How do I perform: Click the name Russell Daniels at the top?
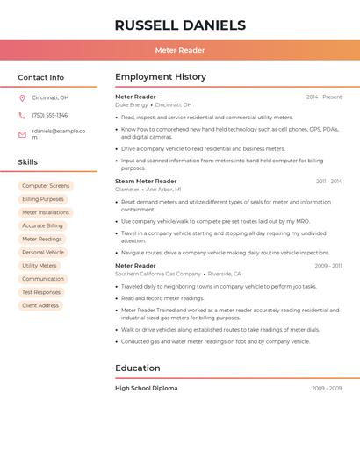click(180, 25)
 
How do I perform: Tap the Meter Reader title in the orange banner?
click(180, 50)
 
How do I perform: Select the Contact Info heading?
click(40, 77)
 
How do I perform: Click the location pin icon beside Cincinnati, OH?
click(22, 97)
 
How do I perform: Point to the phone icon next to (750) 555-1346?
click(22, 115)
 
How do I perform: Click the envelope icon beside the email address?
click(22, 134)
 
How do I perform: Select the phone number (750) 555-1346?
click(49, 115)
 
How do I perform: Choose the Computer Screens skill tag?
click(46, 186)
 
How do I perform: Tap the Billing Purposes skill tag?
click(43, 199)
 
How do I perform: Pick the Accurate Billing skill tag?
click(43, 225)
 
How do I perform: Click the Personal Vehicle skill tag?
click(43, 252)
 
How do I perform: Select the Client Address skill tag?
click(40, 305)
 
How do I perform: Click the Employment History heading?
click(161, 77)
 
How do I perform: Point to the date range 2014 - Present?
click(324, 97)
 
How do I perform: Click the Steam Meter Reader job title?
click(146, 181)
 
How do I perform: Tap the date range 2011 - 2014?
click(329, 181)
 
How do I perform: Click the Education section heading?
click(138, 368)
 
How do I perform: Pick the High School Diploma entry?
click(146, 388)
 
